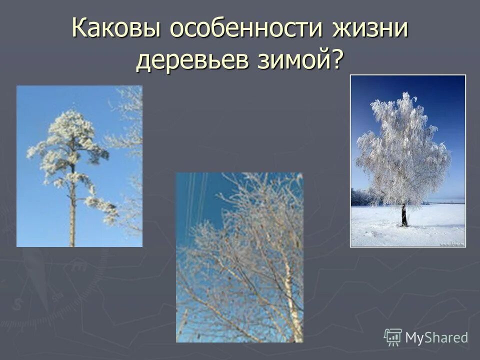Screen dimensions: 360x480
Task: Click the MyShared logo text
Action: click(436, 337)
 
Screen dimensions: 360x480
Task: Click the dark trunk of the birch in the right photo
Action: click(404, 215)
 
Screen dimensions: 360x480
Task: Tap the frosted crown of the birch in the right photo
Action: click(402, 150)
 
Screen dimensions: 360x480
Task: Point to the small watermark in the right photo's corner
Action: click(452, 244)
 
